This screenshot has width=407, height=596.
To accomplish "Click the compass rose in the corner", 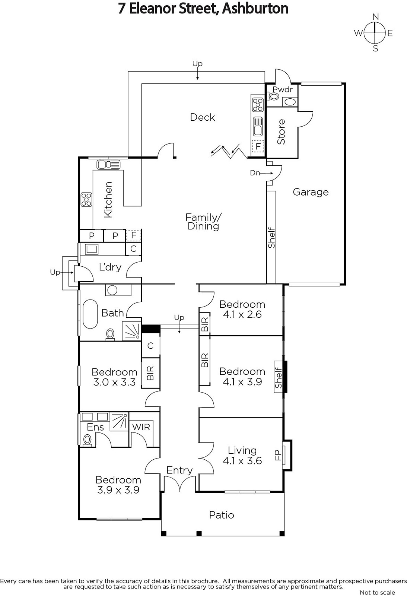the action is pyautogui.click(x=374, y=33).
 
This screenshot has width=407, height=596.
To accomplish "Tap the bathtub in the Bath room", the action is pyautogui.click(x=90, y=314).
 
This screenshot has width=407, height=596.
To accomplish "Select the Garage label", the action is pyautogui.click(x=311, y=192).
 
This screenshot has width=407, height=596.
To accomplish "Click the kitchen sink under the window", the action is pyautogui.click(x=108, y=165).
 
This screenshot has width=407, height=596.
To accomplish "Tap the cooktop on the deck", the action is pyautogui.click(x=258, y=105).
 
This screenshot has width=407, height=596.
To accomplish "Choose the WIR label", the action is pyautogui.click(x=141, y=427).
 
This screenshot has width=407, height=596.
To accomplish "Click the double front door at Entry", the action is pyautogui.click(x=180, y=483).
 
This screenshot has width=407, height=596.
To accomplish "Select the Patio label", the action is pyautogui.click(x=222, y=515).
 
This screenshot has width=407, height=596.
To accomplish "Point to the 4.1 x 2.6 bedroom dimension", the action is pyautogui.click(x=242, y=314).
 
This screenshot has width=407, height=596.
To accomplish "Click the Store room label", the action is pyautogui.click(x=281, y=132).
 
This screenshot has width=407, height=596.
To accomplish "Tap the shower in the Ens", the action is pyautogui.click(x=119, y=421).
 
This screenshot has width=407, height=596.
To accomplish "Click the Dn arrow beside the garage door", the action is pyautogui.click(x=267, y=173).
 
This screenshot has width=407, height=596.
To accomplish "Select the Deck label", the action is pyautogui.click(x=203, y=117).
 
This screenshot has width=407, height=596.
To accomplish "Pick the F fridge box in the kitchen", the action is pyautogui.click(x=134, y=235).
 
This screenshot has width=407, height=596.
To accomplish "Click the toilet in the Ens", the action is pyautogui.click(x=87, y=440).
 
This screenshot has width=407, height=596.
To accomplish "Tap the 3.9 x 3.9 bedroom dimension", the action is pyautogui.click(x=118, y=490).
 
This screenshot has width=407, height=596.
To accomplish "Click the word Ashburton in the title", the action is pyautogui.click(x=255, y=9).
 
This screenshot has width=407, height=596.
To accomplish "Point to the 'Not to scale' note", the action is pyautogui.click(x=378, y=592).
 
